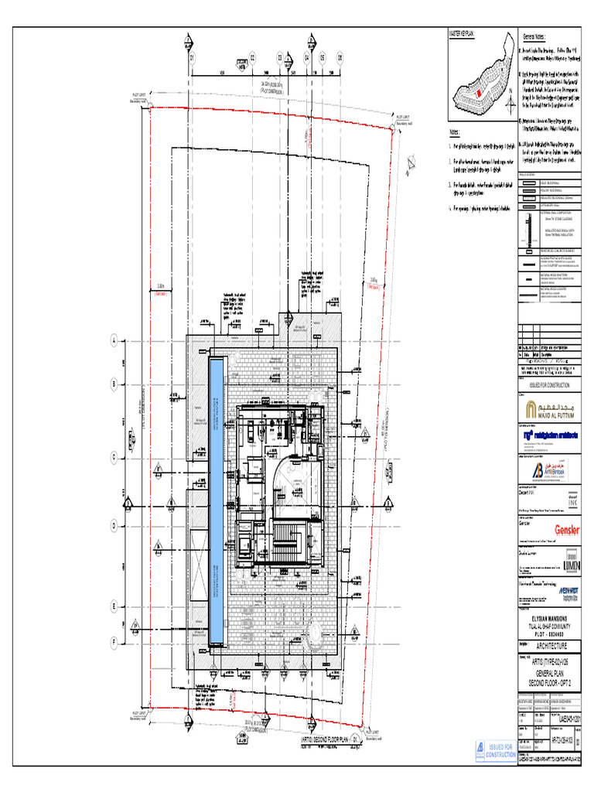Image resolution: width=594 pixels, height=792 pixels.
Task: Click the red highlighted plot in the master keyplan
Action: (x=478, y=93)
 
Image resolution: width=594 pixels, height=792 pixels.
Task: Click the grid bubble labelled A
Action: (x=114, y=340)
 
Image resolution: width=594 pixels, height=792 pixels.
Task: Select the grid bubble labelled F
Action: (x=114, y=641)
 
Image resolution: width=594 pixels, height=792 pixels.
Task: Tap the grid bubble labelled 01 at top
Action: (x=190, y=59)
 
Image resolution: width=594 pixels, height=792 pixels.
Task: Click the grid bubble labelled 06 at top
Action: (x=338, y=59)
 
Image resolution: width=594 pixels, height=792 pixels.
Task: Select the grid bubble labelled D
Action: (x=114, y=526)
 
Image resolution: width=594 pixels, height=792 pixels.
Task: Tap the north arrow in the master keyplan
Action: (x=510, y=93)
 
